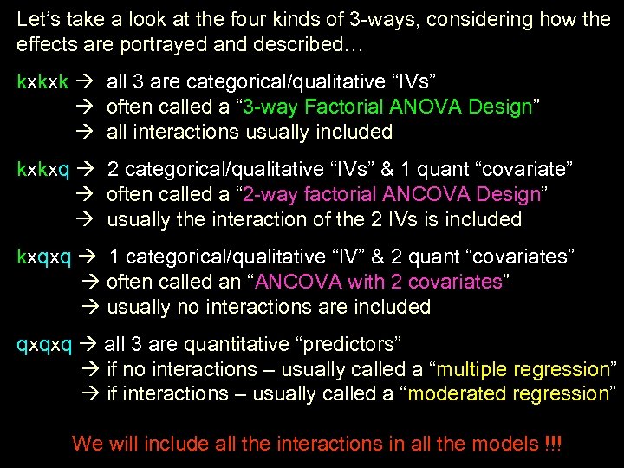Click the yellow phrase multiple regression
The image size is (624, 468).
point(523,370)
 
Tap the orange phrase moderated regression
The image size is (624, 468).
point(510,394)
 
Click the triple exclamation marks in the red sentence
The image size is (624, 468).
point(553,445)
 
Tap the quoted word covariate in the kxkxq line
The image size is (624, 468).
point(510,170)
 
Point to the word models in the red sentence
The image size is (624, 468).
point(504,445)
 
